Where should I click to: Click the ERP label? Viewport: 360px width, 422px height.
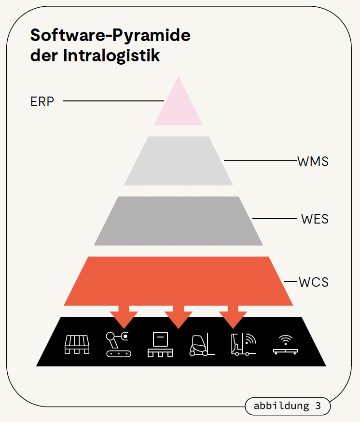pyautogui.click(x=42, y=102)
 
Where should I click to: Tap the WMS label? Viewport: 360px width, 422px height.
pyautogui.click(x=313, y=161)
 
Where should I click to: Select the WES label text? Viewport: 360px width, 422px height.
pyautogui.click(x=315, y=219)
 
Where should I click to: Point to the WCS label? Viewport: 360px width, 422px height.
pyautogui.click(x=314, y=281)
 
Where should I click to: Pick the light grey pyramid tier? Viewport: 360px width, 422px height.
pyautogui.click(x=179, y=161)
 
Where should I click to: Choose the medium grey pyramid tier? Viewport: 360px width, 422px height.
pyautogui.click(x=179, y=221)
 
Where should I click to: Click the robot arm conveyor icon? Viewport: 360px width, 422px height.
pyautogui.click(x=118, y=344)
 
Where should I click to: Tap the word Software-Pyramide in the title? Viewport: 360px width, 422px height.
pyautogui.click(x=111, y=35)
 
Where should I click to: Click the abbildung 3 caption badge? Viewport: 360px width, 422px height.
pyautogui.click(x=288, y=406)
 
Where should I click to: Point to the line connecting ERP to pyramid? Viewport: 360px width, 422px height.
pyautogui.click(x=113, y=101)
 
